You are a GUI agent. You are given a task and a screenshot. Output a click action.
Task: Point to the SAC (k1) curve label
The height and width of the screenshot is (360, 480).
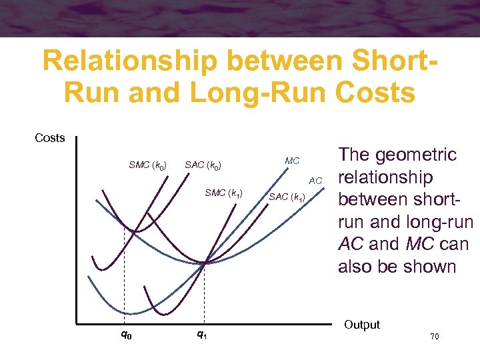[x=287, y=197]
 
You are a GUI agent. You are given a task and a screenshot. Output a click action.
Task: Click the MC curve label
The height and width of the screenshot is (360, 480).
[x=292, y=161]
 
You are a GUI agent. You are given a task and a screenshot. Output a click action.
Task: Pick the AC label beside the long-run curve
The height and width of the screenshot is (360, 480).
[x=315, y=181]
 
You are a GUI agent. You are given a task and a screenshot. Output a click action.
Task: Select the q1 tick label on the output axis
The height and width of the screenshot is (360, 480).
[x=201, y=335]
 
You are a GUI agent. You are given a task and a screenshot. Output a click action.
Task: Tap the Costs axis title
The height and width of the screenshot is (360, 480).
[x=50, y=138]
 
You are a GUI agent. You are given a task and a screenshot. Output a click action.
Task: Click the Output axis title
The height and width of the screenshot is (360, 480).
[x=362, y=325]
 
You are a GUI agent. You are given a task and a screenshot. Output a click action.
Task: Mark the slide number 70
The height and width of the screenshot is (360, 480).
[x=434, y=337]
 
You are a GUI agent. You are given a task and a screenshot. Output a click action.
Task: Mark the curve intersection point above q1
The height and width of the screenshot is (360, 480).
[x=204, y=263]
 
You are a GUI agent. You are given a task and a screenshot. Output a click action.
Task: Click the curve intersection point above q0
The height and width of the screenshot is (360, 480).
[x=133, y=231]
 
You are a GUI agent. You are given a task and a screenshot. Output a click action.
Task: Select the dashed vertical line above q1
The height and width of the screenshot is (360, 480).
[x=204, y=293]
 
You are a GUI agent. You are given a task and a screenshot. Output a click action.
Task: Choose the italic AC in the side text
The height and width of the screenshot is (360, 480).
[x=351, y=245]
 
